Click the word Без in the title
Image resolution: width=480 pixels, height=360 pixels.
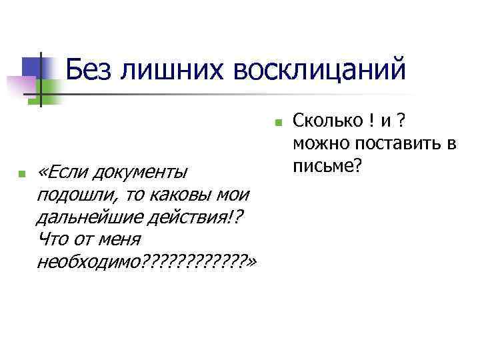[x=90, y=69]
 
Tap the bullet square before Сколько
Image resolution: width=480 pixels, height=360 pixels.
[x=277, y=123]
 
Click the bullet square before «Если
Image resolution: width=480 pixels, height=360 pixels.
[x=22, y=175]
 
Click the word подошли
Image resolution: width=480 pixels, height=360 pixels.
[x=69, y=195]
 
